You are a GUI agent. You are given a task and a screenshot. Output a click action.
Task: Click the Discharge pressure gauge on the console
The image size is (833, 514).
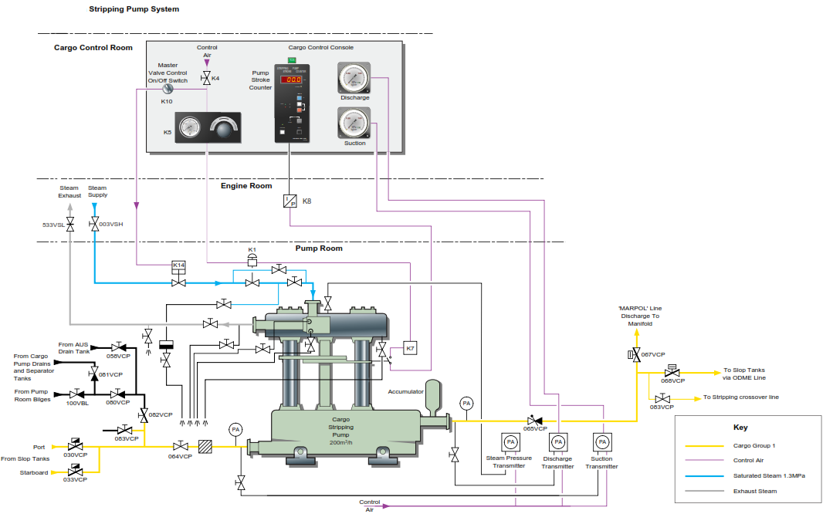(354, 77)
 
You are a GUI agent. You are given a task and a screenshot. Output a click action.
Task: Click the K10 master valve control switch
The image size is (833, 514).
(167, 90)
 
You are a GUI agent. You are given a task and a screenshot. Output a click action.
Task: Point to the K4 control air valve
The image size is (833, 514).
(206, 78)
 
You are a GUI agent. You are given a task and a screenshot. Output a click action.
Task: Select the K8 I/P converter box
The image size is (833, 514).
(290, 201)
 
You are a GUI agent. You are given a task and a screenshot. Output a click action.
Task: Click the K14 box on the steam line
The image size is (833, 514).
(179, 265)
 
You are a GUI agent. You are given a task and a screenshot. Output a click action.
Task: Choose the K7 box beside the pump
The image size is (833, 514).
(410, 347)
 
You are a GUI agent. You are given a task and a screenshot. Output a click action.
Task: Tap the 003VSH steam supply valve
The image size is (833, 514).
(94, 225)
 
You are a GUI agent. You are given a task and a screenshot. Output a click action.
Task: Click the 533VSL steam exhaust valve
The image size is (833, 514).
(69, 225)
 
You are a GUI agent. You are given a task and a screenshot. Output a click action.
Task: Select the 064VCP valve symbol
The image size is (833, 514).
(180, 446)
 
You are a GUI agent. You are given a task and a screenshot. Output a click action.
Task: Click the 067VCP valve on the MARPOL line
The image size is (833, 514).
(635, 355)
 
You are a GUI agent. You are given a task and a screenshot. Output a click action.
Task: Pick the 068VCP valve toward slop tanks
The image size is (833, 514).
(672, 371)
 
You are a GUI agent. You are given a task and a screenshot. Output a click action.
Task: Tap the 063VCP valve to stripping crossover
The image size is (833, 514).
(661, 398)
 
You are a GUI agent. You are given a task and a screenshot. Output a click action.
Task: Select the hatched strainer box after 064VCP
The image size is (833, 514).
(205, 446)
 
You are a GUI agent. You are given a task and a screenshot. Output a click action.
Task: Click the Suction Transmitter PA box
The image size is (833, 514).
(601, 442)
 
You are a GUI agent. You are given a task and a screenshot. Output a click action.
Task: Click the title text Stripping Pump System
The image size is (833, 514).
(134, 9)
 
